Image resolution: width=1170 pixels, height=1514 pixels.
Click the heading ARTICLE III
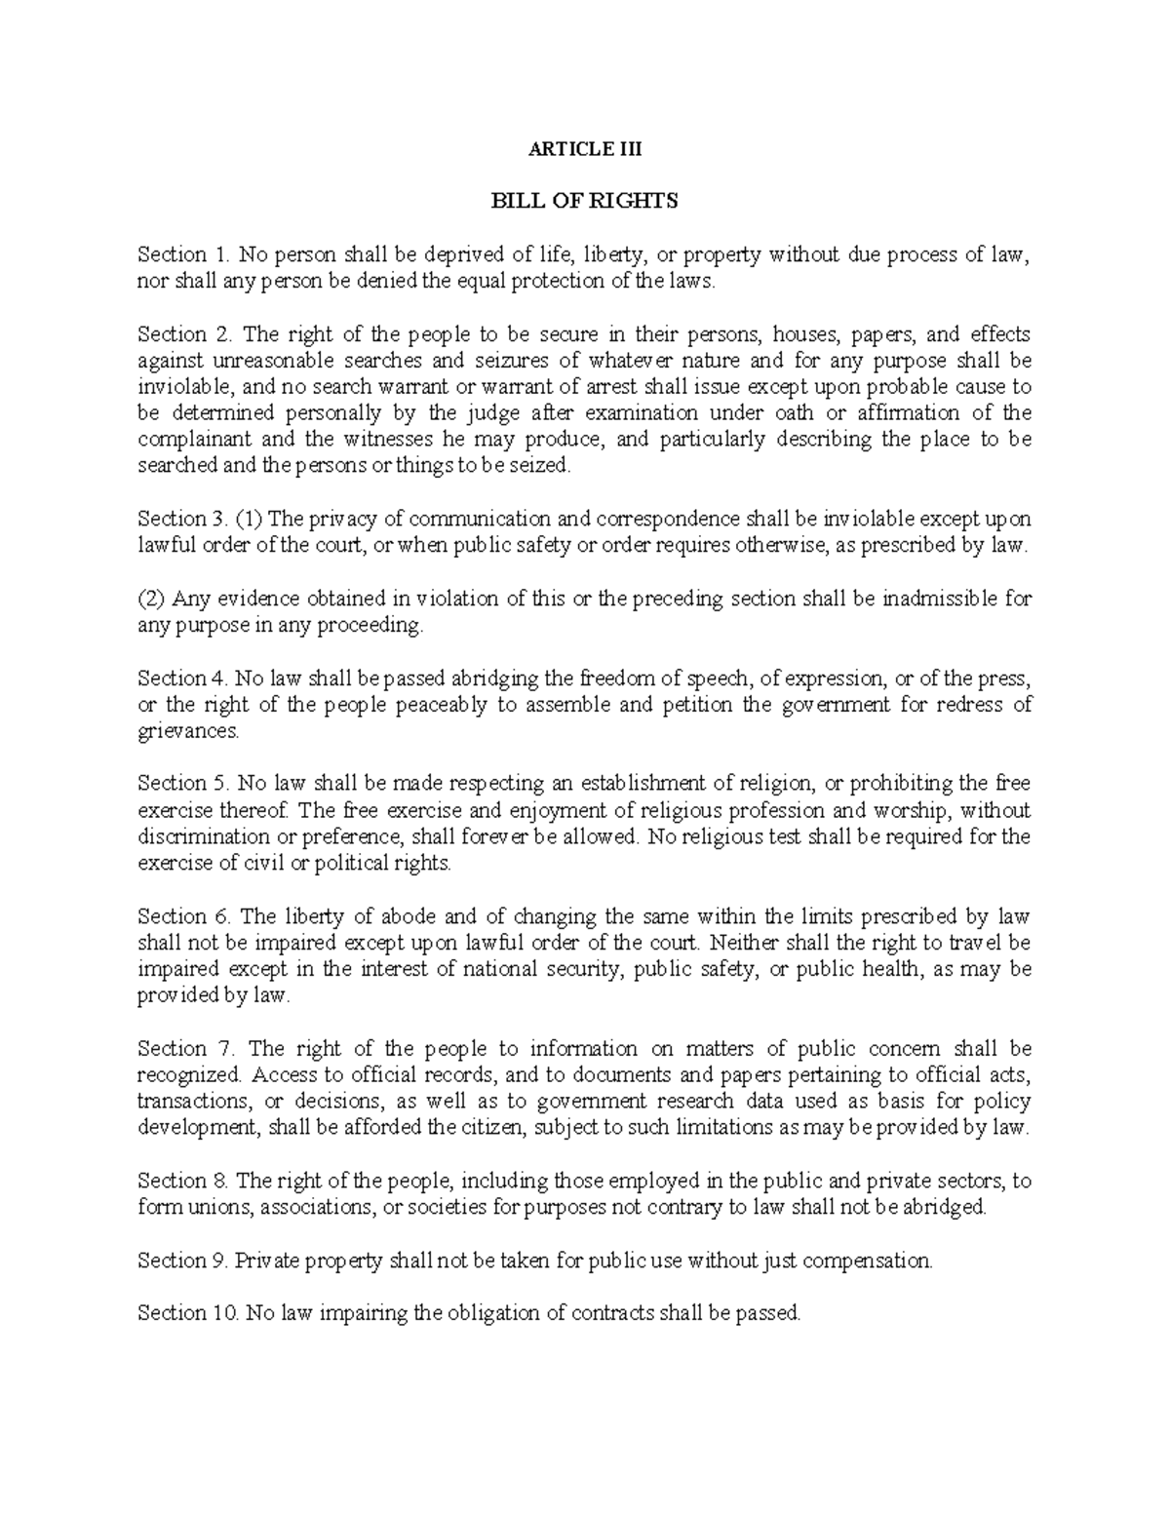(x=584, y=149)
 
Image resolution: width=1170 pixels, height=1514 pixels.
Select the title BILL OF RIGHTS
(x=584, y=201)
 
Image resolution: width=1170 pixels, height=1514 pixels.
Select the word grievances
(x=187, y=731)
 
